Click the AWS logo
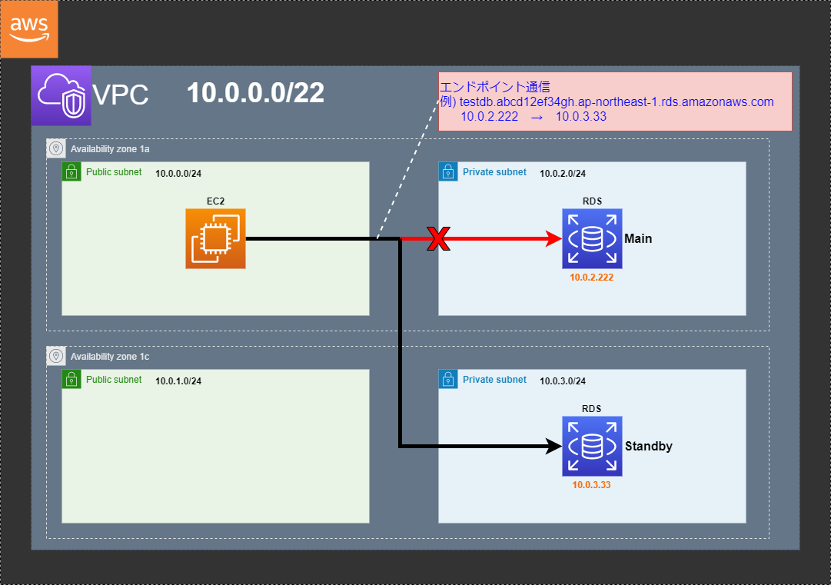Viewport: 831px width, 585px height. [x=29, y=29]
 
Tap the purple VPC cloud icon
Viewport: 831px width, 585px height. [x=61, y=96]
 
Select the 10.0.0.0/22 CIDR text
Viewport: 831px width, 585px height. [x=255, y=93]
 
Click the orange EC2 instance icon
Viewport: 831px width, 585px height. [x=215, y=239]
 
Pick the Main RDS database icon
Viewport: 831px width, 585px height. [x=592, y=238]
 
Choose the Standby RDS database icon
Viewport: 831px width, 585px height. [x=592, y=446]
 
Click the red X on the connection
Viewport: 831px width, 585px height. [x=438, y=239]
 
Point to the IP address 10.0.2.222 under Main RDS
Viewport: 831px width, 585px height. [x=592, y=278]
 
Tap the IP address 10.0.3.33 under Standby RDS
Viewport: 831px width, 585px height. [x=592, y=485]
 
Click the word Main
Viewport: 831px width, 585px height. [x=638, y=239]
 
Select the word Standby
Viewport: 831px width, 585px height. [x=649, y=447]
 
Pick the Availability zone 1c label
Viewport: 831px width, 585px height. [x=110, y=357]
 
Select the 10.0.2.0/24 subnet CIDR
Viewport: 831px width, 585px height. [x=563, y=174]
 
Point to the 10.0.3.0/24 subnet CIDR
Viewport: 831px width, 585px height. [x=563, y=381]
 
